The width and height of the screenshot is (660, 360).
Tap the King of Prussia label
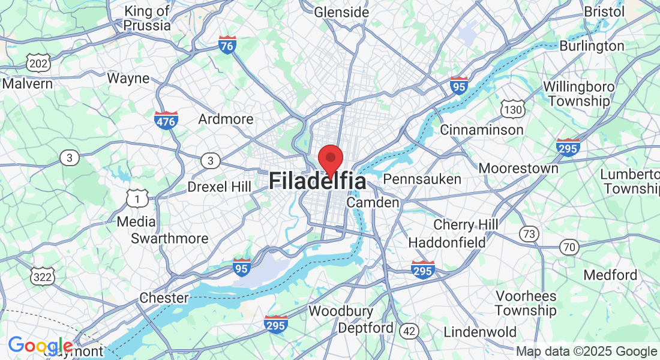click(x=147, y=18)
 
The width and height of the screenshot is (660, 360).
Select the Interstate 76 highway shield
click(x=227, y=45)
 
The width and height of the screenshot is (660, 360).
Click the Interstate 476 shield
click(x=166, y=120)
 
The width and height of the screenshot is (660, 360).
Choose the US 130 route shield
click(x=513, y=109)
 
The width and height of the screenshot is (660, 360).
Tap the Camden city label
click(x=373, y=203)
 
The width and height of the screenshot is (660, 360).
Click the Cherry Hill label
click(x=466, y=225)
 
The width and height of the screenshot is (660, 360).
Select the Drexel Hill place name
click(x=219, y=187)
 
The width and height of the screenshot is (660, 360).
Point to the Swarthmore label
click(x=170, y=238)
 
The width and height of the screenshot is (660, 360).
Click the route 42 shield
click(x=410, y=331)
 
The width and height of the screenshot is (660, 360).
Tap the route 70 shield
click(x=569, y=246)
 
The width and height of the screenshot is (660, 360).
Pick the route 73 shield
click(x=529, y=233)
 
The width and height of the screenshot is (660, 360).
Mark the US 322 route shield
click(x=42, y=276)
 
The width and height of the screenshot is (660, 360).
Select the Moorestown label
click(x=518, y=168)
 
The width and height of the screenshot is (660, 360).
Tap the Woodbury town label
click(x=341, y=311)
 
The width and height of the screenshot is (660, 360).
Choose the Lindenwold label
click(x=480, y=332)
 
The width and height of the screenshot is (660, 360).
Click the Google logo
click(x=40, y=346)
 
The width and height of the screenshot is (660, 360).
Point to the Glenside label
click(x=341, y=11)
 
